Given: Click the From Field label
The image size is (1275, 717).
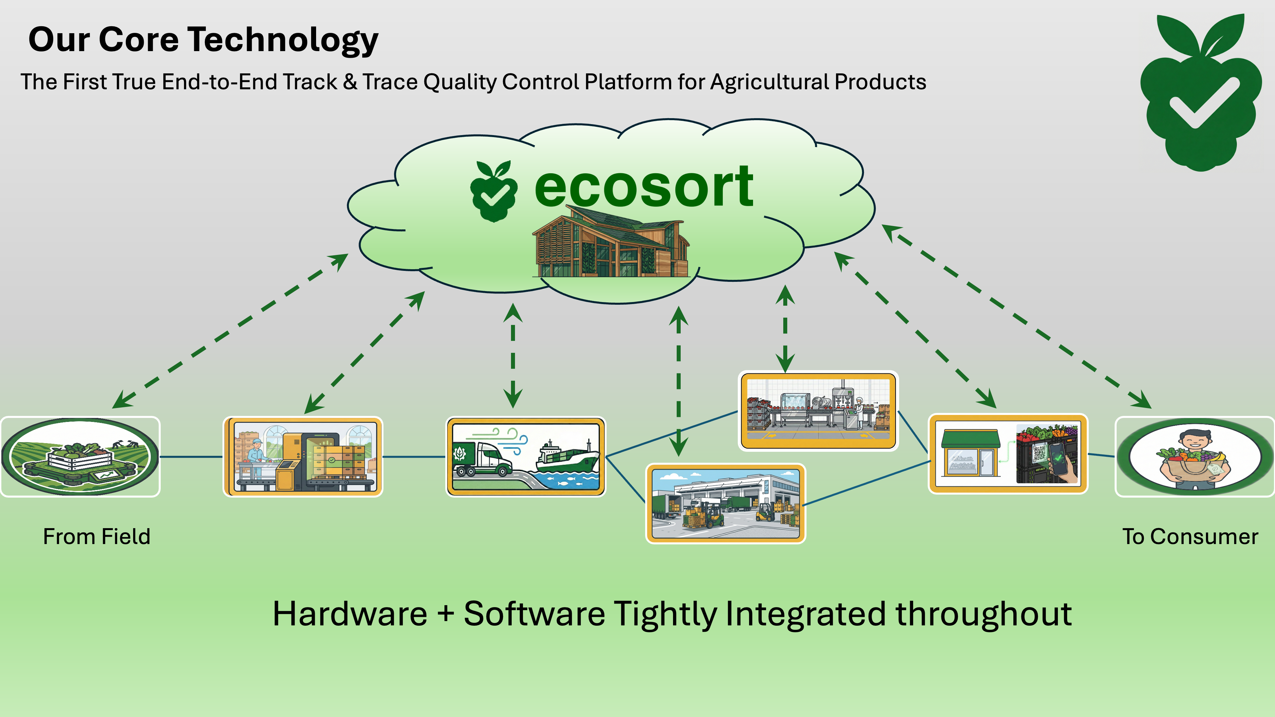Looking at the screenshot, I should coord(97,536).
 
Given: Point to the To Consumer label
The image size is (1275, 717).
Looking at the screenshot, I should coord(1190,536).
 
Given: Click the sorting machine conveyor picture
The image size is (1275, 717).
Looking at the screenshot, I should coord(303,456).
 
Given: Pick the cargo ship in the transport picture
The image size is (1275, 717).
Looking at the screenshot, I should coord(567,458).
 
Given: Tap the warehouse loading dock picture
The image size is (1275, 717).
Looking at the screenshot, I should coord(725,503).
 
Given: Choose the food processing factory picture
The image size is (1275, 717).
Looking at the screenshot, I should coord(818,411).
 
